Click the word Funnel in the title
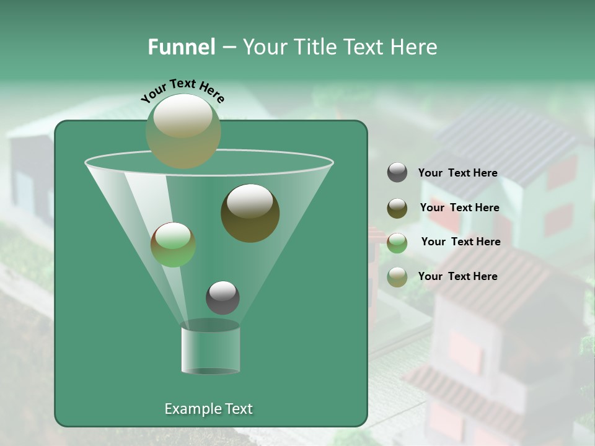coord(181,47)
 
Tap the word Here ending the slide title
coord(414,47)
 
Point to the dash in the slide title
coord(228,48)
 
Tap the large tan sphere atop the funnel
coord(183,131)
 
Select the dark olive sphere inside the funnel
coord(250,213)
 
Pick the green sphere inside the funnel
coord(173,245)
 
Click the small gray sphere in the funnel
coord(223,297)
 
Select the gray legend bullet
coord(397,172)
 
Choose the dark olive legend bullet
coord(397,208)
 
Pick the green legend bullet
coord(397,243)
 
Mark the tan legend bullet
coord(397,277)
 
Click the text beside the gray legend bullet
coord(457,173)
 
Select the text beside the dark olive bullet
coord(459,208)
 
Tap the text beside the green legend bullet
coord(461,242)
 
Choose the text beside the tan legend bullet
coord(457,276)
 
